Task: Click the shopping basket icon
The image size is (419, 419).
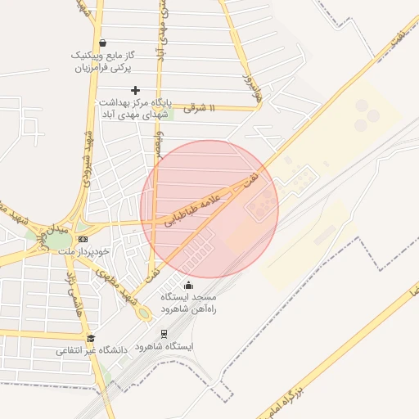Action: click(x=101, y=43)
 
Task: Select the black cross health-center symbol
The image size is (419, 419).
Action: click(x=135, y=89)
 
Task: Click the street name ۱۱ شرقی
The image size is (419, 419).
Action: click(x=198, y=107)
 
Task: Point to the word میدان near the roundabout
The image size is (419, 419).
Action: click(x=54, y=230)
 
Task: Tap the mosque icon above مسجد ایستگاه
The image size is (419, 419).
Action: click(x=188, y=285)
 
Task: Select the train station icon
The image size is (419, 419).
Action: click(x=164, y=334)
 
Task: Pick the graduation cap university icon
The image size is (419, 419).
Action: click(x=92, y=338)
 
